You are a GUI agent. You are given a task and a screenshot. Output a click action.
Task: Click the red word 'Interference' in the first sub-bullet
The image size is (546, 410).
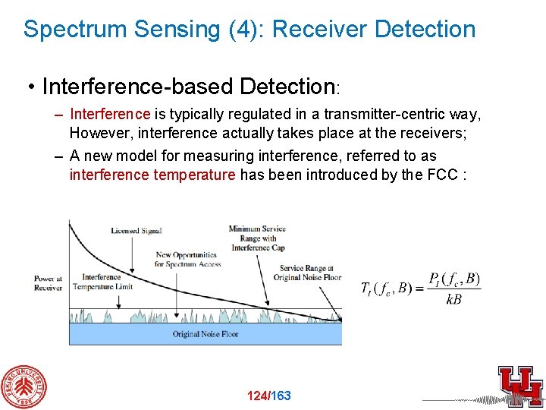(x=110, y=115)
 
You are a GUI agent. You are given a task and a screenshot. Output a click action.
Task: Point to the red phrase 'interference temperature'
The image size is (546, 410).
(x=152, y=175)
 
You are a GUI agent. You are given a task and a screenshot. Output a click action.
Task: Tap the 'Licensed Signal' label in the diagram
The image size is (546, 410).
(x=136, y=231)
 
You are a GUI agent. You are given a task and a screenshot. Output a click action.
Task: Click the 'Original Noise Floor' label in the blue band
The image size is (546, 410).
(x=204, y=334)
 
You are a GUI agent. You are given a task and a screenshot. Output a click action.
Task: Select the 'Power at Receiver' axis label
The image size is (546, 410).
(x=49, y=283)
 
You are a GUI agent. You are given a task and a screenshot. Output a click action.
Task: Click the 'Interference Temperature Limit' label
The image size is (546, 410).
(x=103, y=282)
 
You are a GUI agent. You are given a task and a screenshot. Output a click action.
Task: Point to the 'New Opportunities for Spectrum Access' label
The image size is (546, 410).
(x=186, y=259)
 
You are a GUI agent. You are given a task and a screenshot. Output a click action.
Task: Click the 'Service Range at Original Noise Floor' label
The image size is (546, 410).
(x=312, y=273)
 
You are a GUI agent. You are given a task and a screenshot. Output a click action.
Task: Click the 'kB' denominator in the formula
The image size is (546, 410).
(x=453, y=300)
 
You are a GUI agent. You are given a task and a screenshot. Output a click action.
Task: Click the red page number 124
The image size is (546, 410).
(x=257, y=396)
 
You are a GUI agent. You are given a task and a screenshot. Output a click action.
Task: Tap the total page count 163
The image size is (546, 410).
(x=281, y=396)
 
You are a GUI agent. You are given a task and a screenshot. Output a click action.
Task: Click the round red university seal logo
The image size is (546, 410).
(x=23, y=386)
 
